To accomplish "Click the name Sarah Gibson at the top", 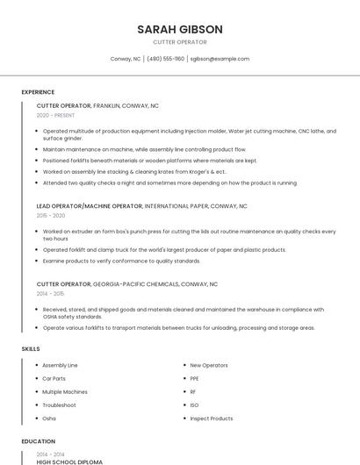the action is [179, 29].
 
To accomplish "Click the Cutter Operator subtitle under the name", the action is [179, 42].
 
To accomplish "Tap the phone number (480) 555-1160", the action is [166, 59].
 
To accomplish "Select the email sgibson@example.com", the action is [220, 59].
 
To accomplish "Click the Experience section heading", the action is [38, 91].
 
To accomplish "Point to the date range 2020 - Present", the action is [55, 115].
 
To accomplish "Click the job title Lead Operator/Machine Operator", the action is [89, 206].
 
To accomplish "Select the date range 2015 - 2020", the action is [51, 216].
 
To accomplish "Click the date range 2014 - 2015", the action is [51, 294].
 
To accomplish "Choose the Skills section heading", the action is [31, 348].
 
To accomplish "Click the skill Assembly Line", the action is [60, 365].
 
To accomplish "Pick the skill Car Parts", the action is [54, 378].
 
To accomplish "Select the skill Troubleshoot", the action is [59, 405].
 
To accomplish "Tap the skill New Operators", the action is [208, 365].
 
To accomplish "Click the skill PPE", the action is [194, 378].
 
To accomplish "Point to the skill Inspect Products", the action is [211, 418].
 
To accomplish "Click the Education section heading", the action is [38, 441].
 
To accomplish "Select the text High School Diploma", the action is [69, 461].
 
